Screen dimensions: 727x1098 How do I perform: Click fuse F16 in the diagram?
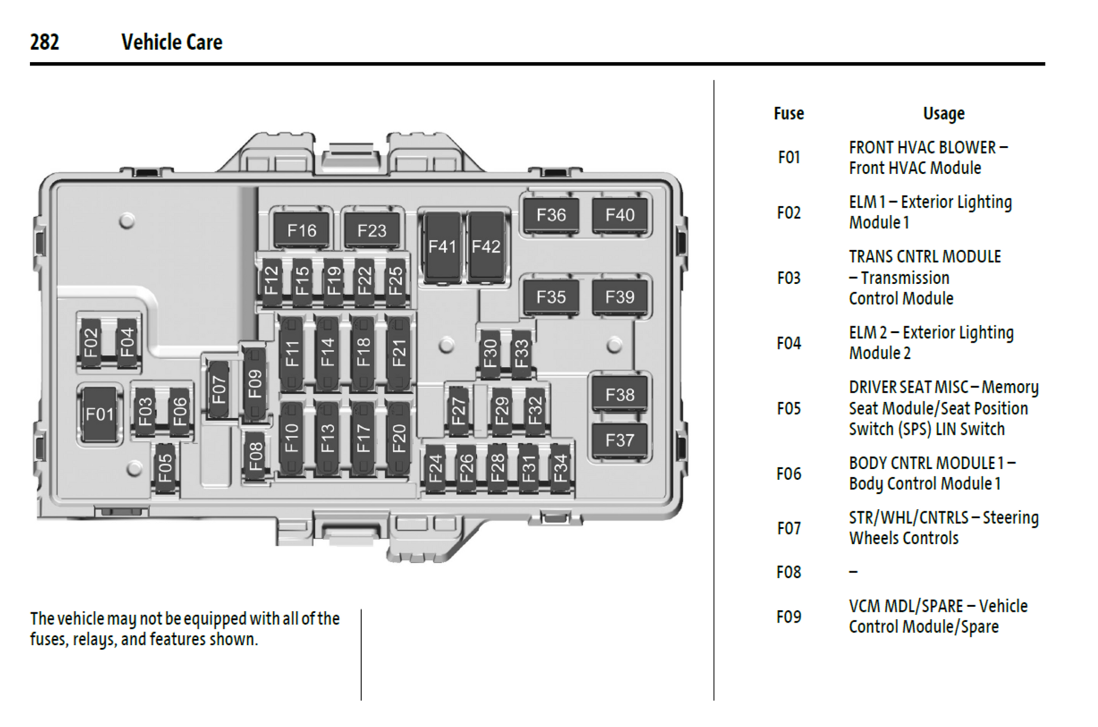pyautogui.click(x=301, y=230)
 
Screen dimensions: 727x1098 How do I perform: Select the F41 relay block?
pyautogui.click(x=442, y=247)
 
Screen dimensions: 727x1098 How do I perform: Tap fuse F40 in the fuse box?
pyautogui.click(x=620, y=215)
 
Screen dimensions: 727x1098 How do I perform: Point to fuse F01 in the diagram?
pyautogui.click(x=100, y=414)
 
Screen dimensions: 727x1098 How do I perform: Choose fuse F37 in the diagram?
pyautogui.click(x=620, y=440)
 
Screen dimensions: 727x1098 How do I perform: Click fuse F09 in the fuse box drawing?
pyautogui.click(x=255, y=384)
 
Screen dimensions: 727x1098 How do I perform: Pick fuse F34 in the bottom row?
pyautogui.click(x=560, y=468)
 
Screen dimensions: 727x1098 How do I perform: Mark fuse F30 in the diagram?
pyautogui.click(x=490, y=353)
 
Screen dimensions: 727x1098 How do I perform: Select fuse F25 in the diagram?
pyautogui.click(x=396, y=280)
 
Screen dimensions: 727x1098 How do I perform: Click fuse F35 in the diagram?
pyautogui.click(x=551, y=297)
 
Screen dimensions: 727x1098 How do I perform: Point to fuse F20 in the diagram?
pyautogui.click(x=399, y=438)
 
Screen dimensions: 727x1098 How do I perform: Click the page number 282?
pyautogui.click(x=45, y=42)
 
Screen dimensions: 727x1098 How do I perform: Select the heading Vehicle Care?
pyautogui.click(x=172, y=42)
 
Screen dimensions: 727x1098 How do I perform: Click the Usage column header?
pyautogui.click(x=943, y=113)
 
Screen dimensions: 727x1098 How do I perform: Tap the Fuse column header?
pyautogui.click(x=788, y=113)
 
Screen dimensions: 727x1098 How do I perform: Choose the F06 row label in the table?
pyautogui.click(x=788, y=474)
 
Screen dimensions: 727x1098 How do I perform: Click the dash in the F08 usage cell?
pyautogui.click(x=853, y=572)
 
